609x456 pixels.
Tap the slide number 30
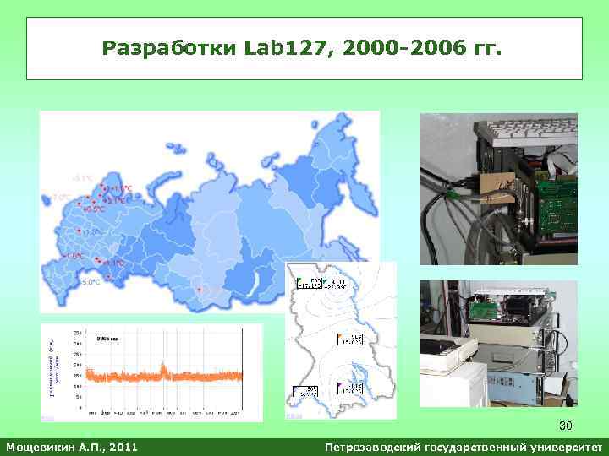[x=566, y=426]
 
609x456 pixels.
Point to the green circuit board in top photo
[x=555, y=207]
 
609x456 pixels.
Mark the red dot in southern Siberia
[x=199, y=289]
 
